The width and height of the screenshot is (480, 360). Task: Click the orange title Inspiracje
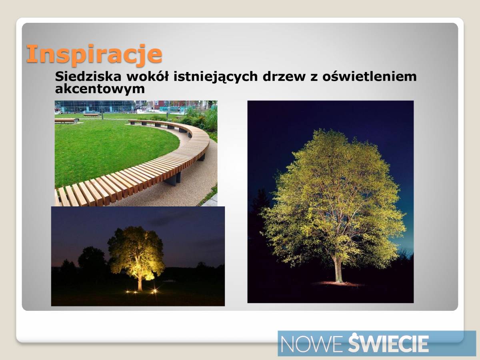94,55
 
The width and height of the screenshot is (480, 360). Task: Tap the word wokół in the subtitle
148,76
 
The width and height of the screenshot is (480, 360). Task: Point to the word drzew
284,76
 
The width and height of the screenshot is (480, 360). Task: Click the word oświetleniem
369,76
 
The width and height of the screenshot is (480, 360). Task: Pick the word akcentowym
100,89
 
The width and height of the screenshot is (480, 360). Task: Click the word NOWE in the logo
311,344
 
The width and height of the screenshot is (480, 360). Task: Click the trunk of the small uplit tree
140,281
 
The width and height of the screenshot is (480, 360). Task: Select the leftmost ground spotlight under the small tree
128,292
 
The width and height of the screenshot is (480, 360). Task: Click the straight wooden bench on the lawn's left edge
66,120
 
